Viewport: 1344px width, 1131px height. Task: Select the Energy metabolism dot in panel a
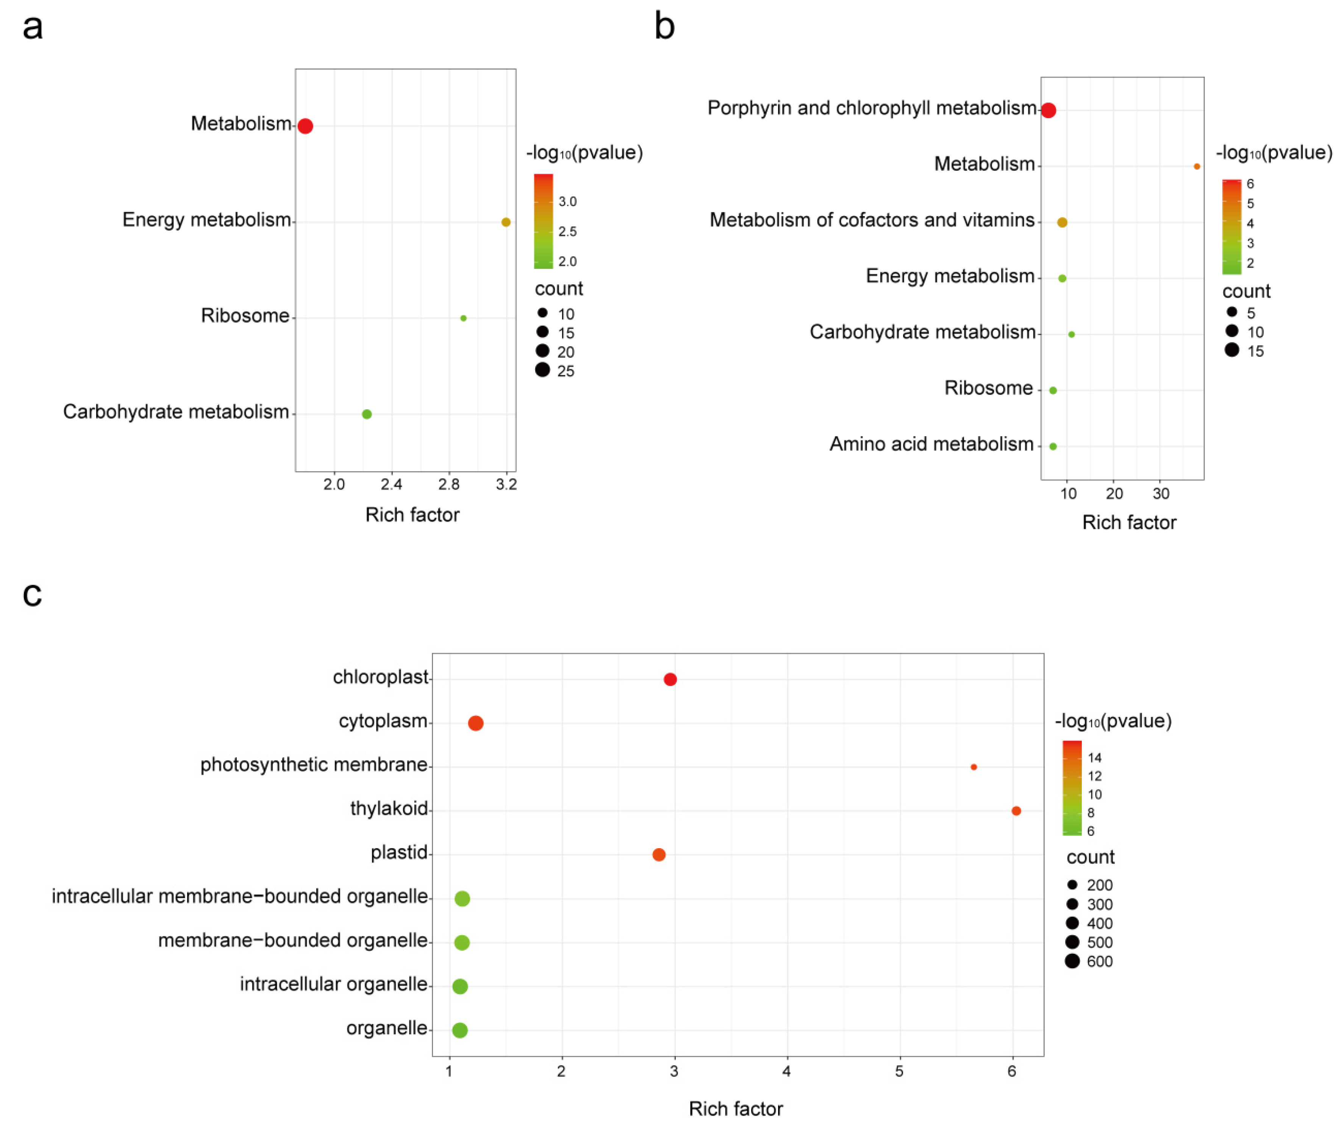tap(506, 222)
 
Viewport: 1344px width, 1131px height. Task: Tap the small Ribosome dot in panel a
tap(463, 318)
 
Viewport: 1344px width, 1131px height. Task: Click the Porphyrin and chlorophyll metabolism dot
tap(1048, 110)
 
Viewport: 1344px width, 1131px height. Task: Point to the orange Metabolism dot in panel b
tap(1196, 166)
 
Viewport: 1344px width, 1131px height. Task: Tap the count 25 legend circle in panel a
tap(542, 370)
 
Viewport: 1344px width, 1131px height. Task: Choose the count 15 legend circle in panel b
tap(1231, 349)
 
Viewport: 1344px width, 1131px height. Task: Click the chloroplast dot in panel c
tap(670, 679)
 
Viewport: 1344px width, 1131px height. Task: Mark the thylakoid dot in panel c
tap(1016, 810)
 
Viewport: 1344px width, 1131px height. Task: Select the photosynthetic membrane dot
tap(973, 767)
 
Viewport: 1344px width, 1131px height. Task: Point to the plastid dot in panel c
tap(658, 854)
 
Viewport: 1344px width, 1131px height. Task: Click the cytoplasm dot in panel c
tap(475, 723)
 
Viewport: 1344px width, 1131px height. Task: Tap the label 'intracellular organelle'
tap(334, 984)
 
